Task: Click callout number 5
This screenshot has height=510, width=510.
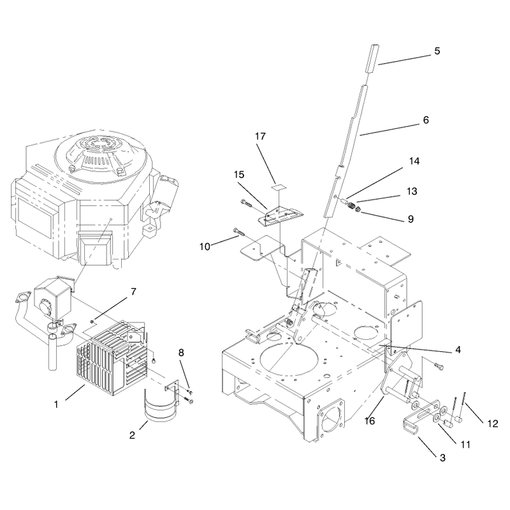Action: (437, 51)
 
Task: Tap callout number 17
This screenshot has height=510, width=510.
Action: (260, 136)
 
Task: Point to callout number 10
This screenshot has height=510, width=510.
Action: (205, 247)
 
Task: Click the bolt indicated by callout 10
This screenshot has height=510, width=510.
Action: (238, 233)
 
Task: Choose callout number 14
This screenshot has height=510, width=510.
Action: (414, 161)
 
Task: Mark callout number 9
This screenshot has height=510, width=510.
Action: (411, 219)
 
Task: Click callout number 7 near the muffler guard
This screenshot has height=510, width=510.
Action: (133, 292)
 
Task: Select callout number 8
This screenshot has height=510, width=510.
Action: (181, 353)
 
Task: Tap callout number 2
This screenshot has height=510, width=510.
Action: (132, 435)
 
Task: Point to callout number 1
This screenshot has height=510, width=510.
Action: (56, 404)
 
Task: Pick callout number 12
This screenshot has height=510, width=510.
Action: (493, 423)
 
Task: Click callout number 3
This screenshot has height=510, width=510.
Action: (442, 458)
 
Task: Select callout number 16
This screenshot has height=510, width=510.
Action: (370, 421)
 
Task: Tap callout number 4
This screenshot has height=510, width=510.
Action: (458, 350)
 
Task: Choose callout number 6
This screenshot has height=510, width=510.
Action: (426, 120)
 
